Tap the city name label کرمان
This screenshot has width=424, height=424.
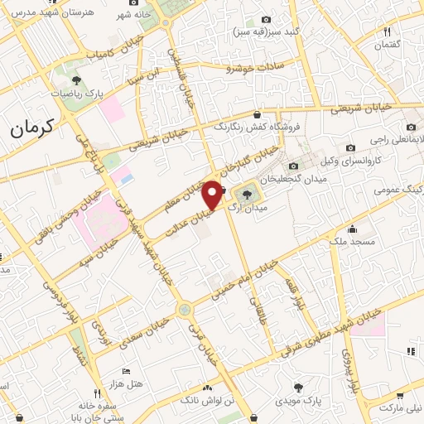pos(32,128)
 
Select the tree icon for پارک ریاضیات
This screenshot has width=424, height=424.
pos(76,81)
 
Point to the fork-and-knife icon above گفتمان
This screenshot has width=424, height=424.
pos(387,32)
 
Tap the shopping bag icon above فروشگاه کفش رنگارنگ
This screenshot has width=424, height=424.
pos(258,115)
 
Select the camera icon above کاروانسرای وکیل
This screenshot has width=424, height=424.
pos(350,147)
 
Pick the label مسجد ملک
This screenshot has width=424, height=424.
pos(353,243)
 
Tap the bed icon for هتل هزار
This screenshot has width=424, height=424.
pos(126,372)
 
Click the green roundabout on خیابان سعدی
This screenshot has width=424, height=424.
pos(184,310)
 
